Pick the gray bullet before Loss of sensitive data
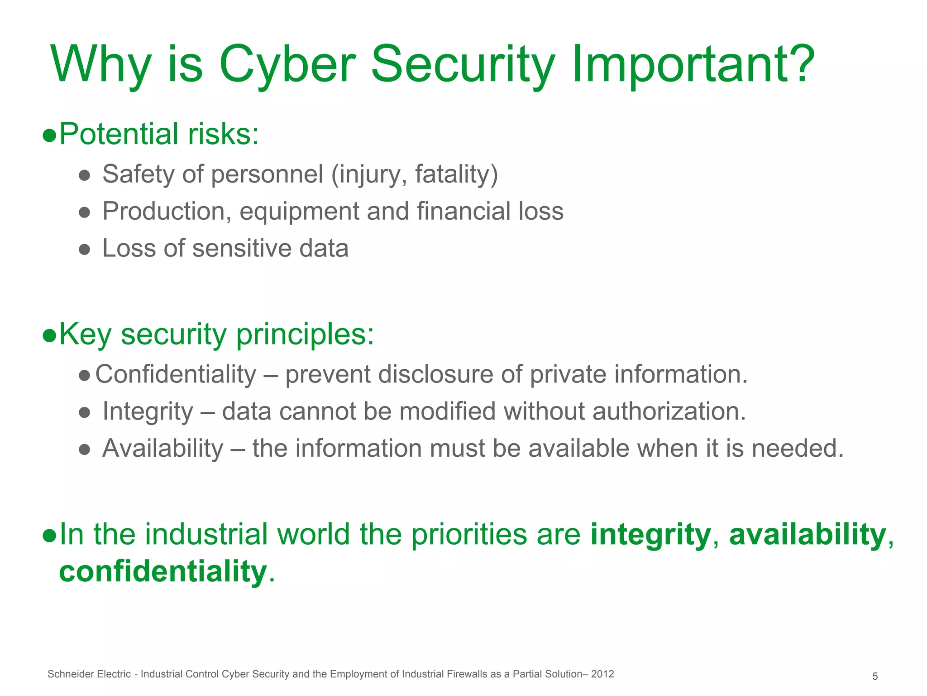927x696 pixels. (x=84, y=249)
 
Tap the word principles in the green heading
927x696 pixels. (x=305, y=335)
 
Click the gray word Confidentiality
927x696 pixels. (x=176, y=374)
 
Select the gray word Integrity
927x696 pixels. (x=148, y=411)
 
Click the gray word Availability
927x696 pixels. (x=162, y=449)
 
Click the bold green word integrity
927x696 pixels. (x=650, y=534)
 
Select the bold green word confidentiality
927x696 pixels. (x=163, y=571)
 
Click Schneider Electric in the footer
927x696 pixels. (x=89, y=674)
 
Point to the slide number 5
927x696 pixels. (x=875, y=677)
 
